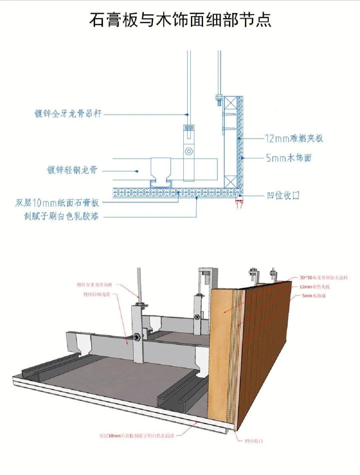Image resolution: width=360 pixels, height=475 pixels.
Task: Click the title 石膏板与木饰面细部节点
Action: pyautogui.click(x=180, y=20)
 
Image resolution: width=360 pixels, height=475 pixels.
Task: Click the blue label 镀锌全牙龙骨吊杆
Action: pyautogui.click(x=68, y=114)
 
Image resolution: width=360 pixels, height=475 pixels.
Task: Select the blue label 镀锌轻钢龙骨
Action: pyautogui.click(x=72, y=170)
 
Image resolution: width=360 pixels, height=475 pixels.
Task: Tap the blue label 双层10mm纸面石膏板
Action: pyautogui.click(x=57, y=203)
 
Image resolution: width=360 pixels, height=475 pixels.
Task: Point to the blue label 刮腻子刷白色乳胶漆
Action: pyautogui.click(x=61, y=217)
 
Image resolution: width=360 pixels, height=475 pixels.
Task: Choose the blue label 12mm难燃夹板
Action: pyautogui.click(x=294, y=138)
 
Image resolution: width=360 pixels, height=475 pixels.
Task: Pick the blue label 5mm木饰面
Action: pyautogui.click(x=288, y=158)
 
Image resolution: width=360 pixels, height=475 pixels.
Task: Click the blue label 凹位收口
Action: pyautogui.click(x=283, y=195)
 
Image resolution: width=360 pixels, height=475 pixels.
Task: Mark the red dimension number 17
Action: pyautogui.click(x=239, y=205)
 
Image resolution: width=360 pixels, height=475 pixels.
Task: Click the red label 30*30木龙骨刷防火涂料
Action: pyautogui.click(x=323, y=277)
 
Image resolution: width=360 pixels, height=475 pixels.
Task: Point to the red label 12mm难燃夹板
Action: pyautogui.click(x=315, y=286)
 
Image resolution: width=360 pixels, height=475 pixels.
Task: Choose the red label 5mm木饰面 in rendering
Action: pyautogui.click(x=314, y=296)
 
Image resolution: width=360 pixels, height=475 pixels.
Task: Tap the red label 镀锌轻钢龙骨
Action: pyautogui.click(x=96, y=294)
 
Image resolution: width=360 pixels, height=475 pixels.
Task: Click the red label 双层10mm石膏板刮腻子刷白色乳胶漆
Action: pyautogui.click(x=137, y=435)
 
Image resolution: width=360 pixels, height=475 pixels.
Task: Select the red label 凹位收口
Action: pyautogui.click(x=254, y=441)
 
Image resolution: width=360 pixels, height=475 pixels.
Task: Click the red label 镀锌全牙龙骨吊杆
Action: pyautogui.click(x=94, y=285)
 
